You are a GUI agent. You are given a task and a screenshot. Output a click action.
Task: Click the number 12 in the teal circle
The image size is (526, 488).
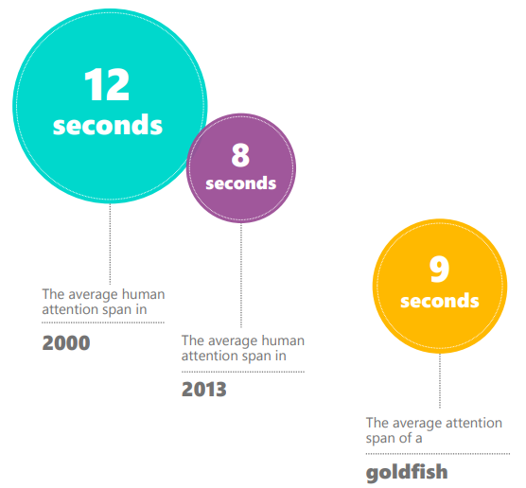(x=107, y=84)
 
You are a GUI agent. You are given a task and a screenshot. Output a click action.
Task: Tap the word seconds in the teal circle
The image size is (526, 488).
(x=108, y=125)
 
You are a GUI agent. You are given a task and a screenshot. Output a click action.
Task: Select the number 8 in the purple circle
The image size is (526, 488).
(x=240, y=155)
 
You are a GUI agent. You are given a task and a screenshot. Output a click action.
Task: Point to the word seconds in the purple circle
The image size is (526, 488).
(x=241, y=183)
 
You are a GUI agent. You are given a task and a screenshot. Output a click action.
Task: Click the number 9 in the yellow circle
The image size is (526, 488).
(x=439, y=269)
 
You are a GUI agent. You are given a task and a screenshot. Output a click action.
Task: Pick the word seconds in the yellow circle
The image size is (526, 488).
(x=440, y=301)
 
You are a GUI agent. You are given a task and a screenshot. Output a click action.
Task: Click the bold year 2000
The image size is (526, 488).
(x=66, y=342)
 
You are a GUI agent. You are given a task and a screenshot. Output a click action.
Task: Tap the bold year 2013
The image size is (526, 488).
(x=204, y=390)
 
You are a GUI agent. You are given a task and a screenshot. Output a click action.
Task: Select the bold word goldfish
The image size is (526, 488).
(x=407, y=473)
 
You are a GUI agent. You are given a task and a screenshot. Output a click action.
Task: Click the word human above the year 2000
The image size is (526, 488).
(x=143, y=294)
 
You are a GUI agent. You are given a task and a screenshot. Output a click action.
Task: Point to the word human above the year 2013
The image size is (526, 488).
(x=283, y=340)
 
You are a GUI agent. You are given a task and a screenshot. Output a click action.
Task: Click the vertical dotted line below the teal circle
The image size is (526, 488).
(x=110, y=244)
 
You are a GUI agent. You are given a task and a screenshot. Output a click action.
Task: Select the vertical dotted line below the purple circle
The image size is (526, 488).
(x=241, y=275)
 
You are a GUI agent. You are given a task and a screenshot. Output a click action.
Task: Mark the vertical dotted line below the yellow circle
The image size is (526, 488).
(x=440, y=381)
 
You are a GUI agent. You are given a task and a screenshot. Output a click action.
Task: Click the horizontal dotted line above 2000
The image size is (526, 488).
(x=103, y=322)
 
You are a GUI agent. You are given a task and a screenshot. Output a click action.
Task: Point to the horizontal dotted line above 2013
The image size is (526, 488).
(x=243, y=372)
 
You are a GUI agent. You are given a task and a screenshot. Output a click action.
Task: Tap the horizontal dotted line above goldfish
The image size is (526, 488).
(x=438, y=454)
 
